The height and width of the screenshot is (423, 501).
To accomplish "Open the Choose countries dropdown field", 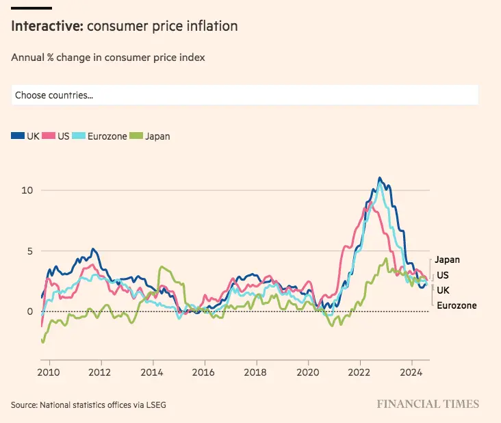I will coord(244,95).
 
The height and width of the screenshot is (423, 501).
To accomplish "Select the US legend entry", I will coord(57,136).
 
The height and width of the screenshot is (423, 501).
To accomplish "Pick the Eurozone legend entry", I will coord(101,136).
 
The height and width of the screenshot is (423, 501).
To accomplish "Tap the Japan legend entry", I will coord(153,136).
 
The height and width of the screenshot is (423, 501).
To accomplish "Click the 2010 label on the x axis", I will coord(49,373).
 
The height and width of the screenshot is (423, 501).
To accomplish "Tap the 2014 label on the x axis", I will coord(152,373).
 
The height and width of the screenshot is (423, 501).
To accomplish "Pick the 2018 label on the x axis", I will coord(256,373).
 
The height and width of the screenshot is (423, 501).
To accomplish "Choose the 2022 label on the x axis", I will coord(359,373).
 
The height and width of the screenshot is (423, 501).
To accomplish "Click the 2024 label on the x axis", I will coord(411,373).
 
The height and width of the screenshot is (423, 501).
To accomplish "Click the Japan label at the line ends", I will coord(447,259).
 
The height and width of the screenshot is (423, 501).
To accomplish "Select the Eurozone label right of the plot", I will coord(457,305).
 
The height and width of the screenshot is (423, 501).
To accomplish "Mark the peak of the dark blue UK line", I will coord(380,178).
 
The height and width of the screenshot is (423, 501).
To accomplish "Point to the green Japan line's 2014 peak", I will coord(162,267).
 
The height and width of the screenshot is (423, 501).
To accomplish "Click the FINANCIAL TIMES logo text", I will coord(428,404).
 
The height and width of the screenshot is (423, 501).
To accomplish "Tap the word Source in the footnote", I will coord(24,405).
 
